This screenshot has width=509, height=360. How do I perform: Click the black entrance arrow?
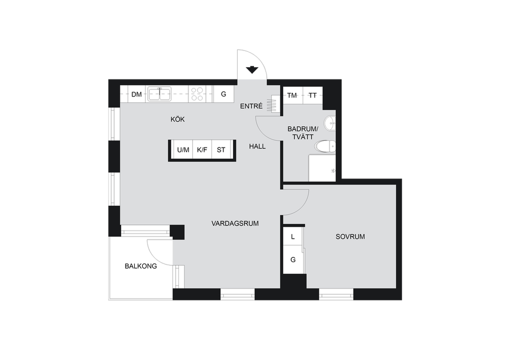(x=252, y=70)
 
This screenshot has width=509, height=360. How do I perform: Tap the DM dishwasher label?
(x=137, y=94)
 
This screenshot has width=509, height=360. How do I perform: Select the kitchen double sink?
(x=159, y=94)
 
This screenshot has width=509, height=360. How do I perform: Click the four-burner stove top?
(x=197, y=94)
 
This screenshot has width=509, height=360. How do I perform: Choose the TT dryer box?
(x=313, y=95)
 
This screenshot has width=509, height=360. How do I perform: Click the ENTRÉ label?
(x=251, y=106)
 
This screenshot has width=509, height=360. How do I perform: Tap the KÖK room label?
(x=178, y=119)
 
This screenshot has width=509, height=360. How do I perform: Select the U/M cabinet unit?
(x=183, y=149)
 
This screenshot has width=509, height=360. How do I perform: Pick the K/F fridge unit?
(x=202, y=149)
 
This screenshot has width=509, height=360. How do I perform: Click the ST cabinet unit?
(x=221, y=149)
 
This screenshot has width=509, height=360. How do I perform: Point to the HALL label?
(x=257, y=146)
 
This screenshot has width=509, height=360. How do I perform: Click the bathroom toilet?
(x=325, y=146)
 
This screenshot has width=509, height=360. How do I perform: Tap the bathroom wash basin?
(x=330, y=123)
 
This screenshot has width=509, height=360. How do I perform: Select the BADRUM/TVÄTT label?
(x=303, y=133)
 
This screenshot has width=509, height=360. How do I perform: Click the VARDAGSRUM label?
(x=235, y=224)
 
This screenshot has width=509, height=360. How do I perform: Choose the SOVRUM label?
(x=350, y=237)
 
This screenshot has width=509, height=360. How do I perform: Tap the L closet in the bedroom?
(x=293, y=236)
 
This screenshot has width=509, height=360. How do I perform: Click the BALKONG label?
(x=141, y=266)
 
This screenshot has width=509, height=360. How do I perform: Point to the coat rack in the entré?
(x=273, y=104)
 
